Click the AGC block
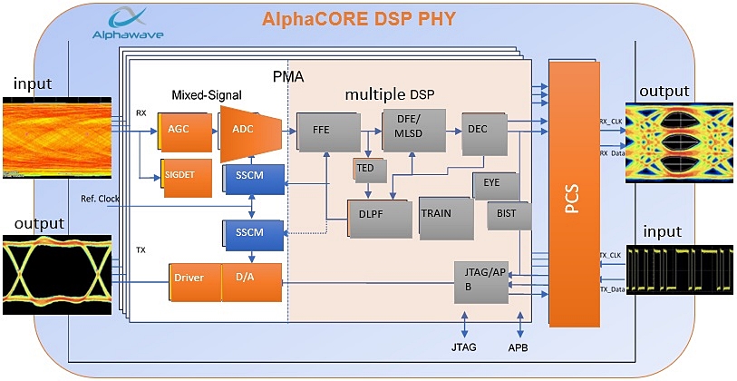point(179,130)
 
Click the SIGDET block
point(181,174)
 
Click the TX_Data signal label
point(614,289)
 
